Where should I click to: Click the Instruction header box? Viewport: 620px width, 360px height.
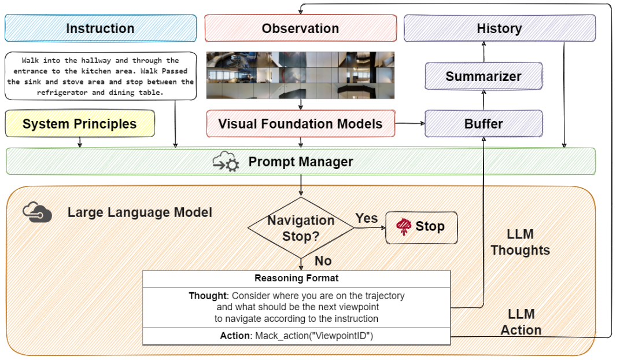point(99,28)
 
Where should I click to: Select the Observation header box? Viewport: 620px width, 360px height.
point(300,28)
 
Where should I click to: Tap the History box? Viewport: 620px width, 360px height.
point(499,28)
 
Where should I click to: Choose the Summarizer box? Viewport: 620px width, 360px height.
point(484,76)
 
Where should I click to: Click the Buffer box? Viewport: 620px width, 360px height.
point(484,123)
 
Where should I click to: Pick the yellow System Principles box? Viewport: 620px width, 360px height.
point(80,124)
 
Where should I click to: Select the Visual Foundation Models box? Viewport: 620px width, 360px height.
point(300,124)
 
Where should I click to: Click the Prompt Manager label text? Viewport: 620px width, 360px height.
point(301,161)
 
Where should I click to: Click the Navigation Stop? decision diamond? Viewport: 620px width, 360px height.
point(300,229)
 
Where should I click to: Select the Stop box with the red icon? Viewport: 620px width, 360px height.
point(421,226)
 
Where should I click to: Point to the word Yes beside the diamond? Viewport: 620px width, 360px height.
point(367,218)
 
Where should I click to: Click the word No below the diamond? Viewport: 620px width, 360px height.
point(323,261)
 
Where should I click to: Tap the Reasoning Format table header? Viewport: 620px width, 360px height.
point(296,278)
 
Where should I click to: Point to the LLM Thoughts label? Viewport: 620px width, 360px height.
point(520,242)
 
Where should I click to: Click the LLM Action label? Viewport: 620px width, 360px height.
point(521,322)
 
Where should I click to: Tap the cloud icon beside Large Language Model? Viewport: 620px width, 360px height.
point(38,213)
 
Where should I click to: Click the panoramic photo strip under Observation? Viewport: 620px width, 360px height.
point(300,75)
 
